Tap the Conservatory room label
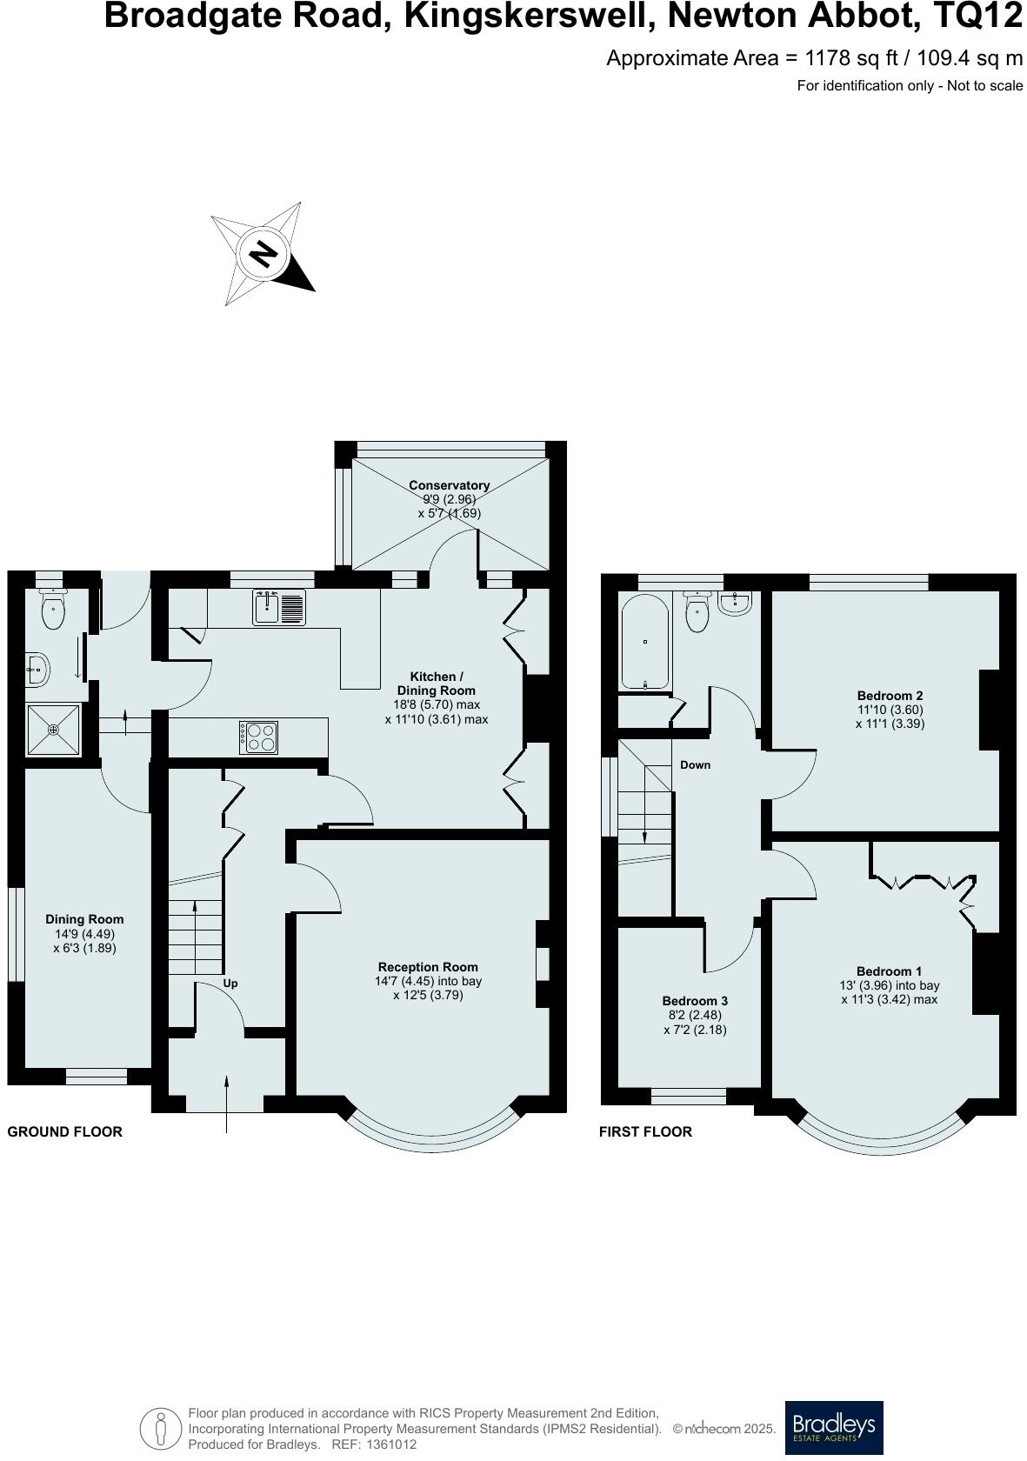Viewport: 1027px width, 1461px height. tap(449, 485)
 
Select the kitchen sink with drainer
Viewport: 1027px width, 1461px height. tap(279, 607)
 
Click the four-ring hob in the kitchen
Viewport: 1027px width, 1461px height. tap(258, 737)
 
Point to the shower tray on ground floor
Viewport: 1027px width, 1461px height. tap(53, 730)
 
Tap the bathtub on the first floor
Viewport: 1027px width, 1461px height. tap(644, 642)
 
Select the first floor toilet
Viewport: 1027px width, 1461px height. tap(698, 612)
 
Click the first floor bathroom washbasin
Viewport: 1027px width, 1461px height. tap(737, 601)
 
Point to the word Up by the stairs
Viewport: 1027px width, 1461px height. tap(230, 984)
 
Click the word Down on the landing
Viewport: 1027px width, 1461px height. tap(695, 765)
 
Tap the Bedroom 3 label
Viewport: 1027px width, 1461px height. tap(695, 1001)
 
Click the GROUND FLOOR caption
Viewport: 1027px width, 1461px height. tap(65, 1131)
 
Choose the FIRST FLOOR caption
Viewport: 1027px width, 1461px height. tap(645, 1131)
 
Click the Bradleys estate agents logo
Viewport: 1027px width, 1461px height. tap(833, 1427)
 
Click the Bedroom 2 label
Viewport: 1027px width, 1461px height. tap(890, 696)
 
